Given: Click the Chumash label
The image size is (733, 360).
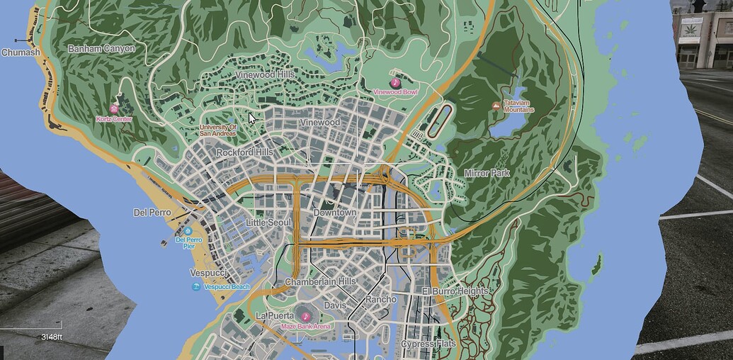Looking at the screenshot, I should tap(21, 52).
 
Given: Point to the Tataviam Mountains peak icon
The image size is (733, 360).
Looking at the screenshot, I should tap(495, 106).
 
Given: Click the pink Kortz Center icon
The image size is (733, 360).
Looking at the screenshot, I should tap(113, 109).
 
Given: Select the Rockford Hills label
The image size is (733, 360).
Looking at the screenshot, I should tap(244, 152).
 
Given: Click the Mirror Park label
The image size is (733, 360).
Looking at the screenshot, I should tap(487, 173).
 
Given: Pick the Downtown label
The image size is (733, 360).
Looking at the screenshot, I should tap(334, 213).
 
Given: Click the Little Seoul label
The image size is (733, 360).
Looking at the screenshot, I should tap(268, 223).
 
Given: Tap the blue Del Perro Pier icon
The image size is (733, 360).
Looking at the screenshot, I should tap(188, 231).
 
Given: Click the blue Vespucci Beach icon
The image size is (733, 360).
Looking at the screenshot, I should tap(195, 286).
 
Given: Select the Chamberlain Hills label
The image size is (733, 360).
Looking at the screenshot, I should tap(320, 282).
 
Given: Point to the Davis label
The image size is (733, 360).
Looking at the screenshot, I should tap(335, 305).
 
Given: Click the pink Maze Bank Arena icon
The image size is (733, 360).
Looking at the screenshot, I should tap(306, 316).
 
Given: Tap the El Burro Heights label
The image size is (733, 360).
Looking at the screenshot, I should tap(455, 291).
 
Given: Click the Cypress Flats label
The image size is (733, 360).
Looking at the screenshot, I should tap(428, 344).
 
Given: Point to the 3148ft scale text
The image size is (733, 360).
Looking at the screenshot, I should tap(52, 337).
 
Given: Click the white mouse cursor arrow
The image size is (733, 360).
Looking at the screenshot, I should tap(251, 118).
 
